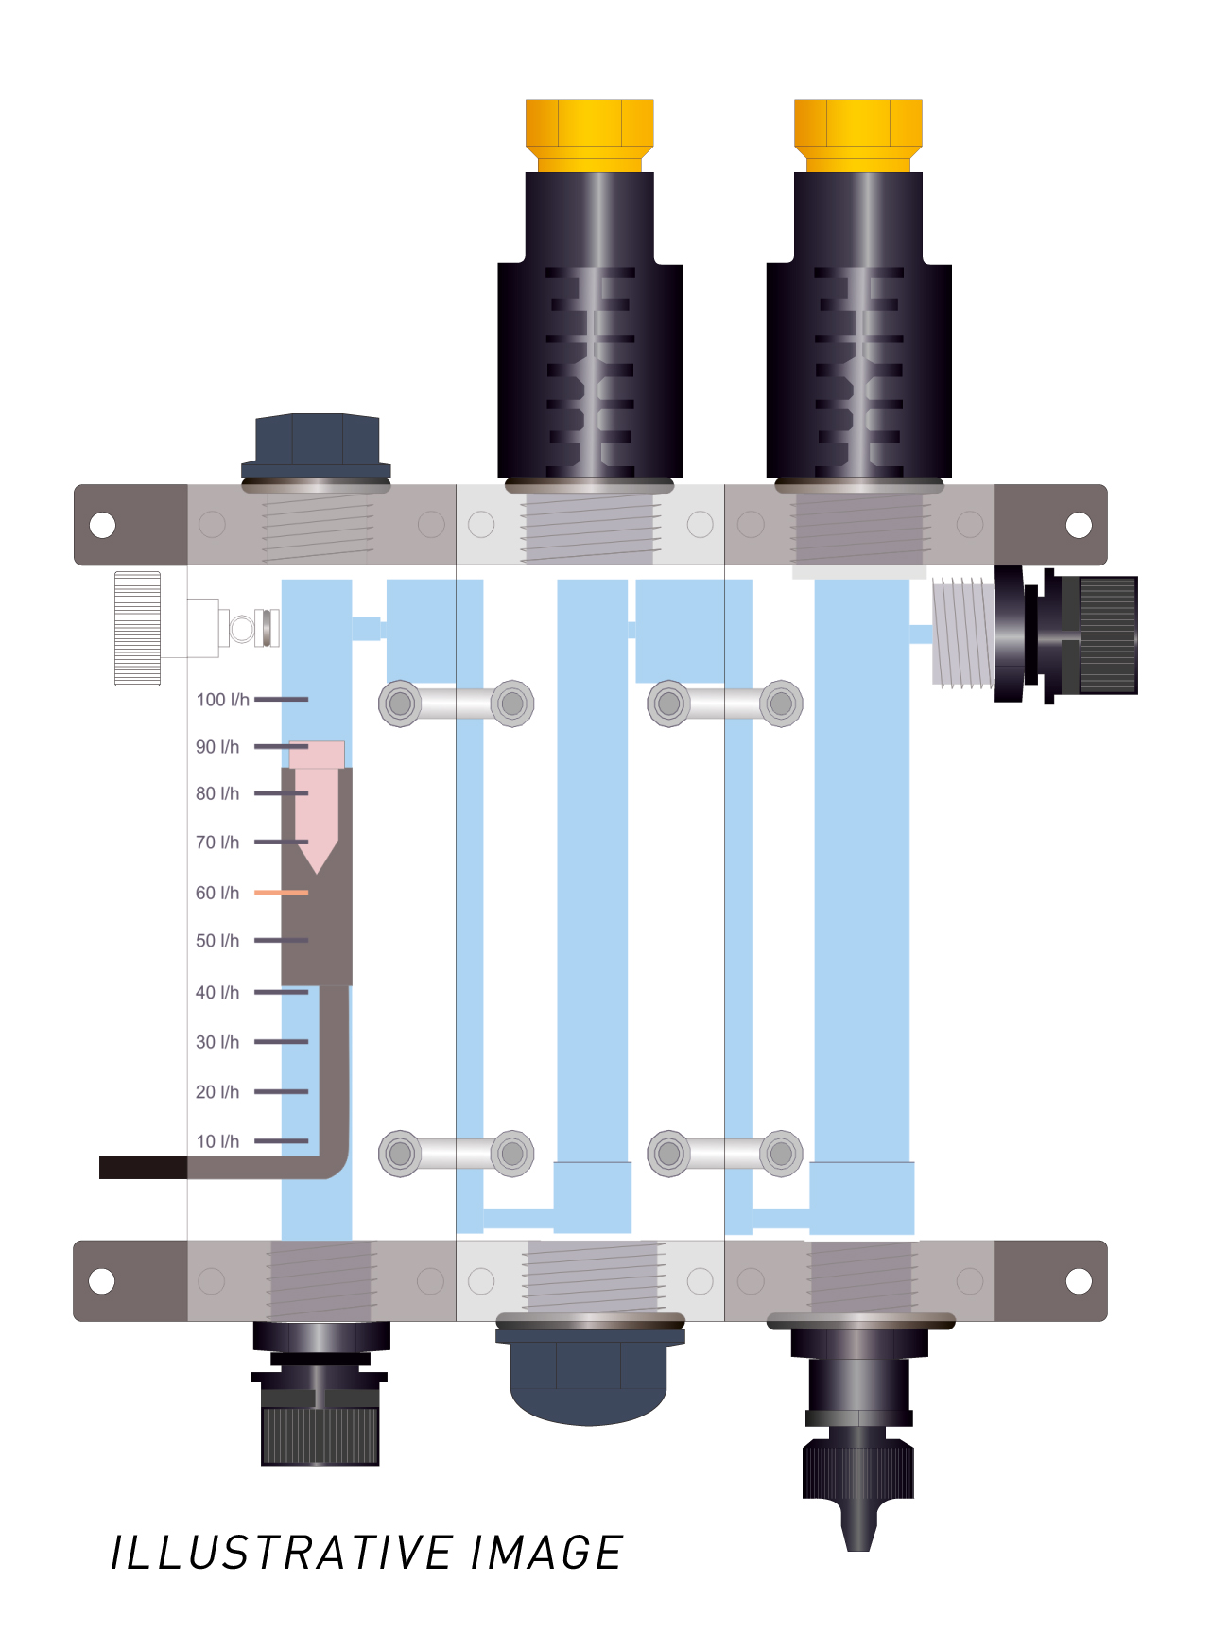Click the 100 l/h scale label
223,700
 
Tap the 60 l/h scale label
217,893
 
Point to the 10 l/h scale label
217,1141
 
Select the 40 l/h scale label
217,992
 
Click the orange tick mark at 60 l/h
281,893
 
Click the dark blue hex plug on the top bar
316,445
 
